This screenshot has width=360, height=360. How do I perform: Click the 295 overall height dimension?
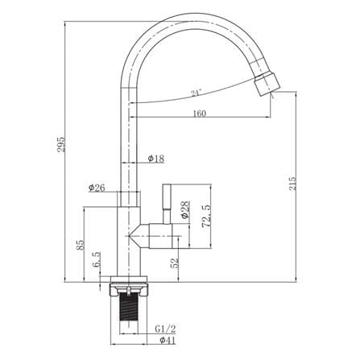[x=61, y=145]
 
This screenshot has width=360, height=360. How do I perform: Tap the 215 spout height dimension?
[x=292, y=184]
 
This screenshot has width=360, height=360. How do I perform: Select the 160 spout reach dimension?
[x=200, y=114]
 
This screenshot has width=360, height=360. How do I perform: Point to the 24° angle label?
[x=196, y=93]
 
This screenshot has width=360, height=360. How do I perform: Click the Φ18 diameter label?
[x=156, y=159]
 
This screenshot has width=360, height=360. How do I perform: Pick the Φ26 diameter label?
[x=97, y=188]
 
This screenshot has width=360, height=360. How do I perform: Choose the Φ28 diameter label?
[x=185, y=209]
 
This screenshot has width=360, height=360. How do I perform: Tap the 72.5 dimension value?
[x=206, y=216]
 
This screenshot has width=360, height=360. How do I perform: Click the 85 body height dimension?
[x=81, y=245]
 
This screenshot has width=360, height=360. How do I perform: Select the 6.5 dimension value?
[x=97, y=259]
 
